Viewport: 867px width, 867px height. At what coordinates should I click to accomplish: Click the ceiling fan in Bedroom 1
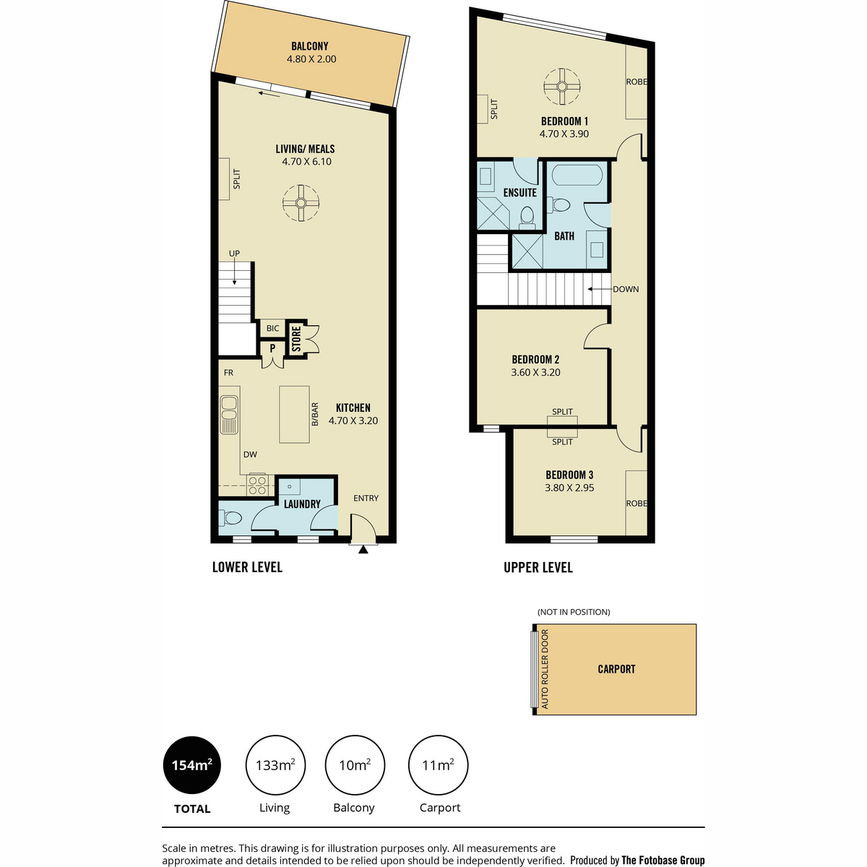click(562, 87)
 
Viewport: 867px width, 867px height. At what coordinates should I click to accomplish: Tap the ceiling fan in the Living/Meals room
click(301, 203)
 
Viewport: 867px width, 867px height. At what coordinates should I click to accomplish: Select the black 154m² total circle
click(192, 765)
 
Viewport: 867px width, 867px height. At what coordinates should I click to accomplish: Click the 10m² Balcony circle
click(355, 765)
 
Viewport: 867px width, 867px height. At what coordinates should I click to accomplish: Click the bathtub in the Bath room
click(577, 176)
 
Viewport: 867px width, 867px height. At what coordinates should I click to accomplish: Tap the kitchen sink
click(229, 415)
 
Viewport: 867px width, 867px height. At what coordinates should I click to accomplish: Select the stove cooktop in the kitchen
click(257, 486)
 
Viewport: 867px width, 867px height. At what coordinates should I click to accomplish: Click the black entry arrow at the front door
click(363, 549)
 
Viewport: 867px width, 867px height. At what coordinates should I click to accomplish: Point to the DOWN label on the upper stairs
click(626, 289)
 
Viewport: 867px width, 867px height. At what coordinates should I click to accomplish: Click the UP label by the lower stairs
click(234, 254)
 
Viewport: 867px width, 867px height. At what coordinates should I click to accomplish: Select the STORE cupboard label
click(296, 339)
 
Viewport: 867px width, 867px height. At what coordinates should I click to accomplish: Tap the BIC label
click(272, 329)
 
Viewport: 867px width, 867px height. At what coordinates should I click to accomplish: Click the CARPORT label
click(616, 669)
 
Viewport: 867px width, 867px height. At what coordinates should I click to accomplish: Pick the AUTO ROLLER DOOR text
click(545, 669)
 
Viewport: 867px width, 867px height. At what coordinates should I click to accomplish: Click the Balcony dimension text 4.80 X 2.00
click(311, 59)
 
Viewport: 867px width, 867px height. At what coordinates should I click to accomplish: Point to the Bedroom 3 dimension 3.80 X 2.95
click(569, 488)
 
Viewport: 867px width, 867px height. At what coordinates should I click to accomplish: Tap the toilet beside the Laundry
click(230, 518)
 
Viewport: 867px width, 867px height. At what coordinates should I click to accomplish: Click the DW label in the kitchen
click(250, 454)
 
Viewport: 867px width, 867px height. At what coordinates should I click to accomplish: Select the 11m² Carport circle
click(439, 765)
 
